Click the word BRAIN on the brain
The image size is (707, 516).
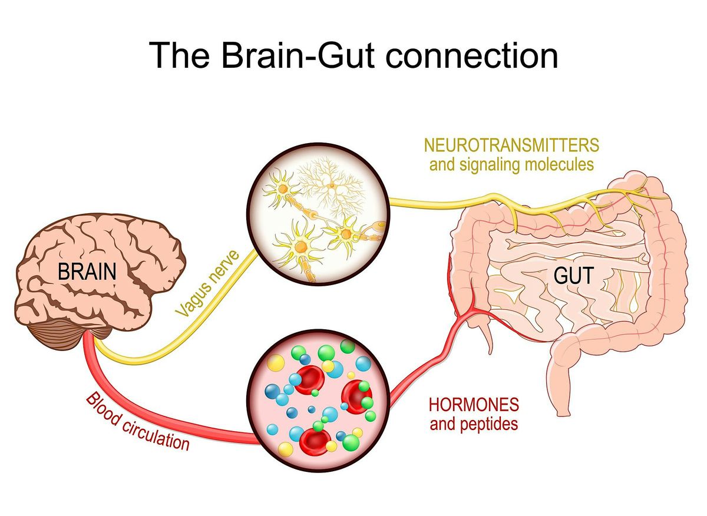[87, 272]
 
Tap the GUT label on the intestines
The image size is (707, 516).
[574, 275]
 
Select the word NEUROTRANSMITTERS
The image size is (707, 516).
[511, 145]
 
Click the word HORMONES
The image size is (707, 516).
[474, 405]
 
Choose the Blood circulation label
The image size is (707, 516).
[138, 422]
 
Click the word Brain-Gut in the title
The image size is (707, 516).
[298, 55]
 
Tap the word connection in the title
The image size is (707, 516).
[472, 55]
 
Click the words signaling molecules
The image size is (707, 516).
[527, 165]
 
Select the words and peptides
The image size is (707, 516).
[474, 424]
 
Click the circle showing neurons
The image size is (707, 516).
[318, 214]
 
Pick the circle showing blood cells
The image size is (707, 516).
[318, 401]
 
